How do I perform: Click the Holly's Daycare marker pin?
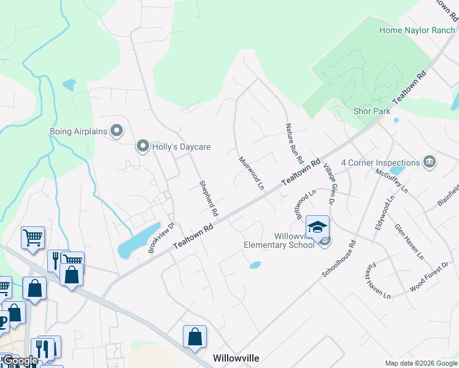click(143, 147)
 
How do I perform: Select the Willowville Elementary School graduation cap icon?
click(317, 228)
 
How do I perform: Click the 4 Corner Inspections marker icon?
click(430, 163)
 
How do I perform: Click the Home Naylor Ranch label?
click(417, 30)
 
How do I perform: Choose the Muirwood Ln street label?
click(251, 172)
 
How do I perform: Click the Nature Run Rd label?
click(295, 143)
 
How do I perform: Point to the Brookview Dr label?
click(161, 237)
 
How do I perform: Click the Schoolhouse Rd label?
click(339, 258)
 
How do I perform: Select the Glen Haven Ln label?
click(409, 242)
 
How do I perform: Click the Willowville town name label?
click(236, 358)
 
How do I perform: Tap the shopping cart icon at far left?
click(33, 237)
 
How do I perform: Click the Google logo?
click(20, 361)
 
